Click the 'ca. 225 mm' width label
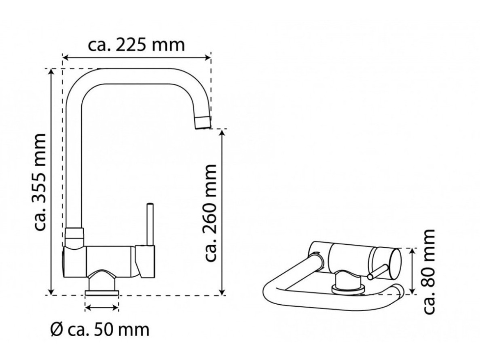tap(137, 46)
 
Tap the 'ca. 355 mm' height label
tap(40, 182)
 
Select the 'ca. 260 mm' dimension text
tap(210, 213)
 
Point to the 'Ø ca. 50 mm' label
tap(100, 330)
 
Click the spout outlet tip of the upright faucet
tap(203, 123)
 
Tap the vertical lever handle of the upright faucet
tap(150, 224)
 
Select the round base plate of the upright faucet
tap(102, 293)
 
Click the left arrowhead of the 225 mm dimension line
tap(65, 57)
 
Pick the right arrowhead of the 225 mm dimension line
tap(208, 57)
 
